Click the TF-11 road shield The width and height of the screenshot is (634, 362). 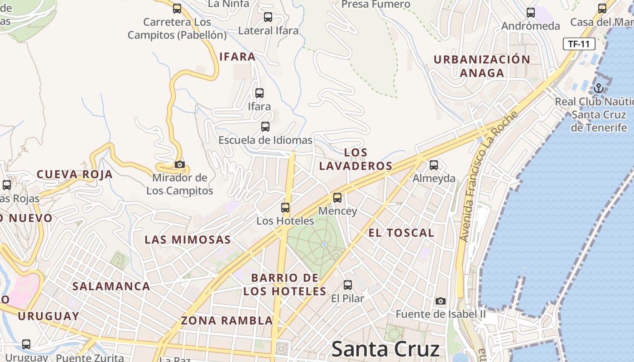(x=579, y=44)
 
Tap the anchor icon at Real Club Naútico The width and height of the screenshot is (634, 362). (x=599, y=88)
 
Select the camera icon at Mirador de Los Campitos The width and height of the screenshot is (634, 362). (x=180, y=164)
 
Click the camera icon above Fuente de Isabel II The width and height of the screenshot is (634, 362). (x=440, y=301)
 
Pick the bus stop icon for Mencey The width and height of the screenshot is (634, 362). (x=337, y=198)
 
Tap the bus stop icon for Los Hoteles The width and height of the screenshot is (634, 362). (x=285, y=208)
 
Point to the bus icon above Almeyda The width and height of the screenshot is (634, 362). (x=434, y=165)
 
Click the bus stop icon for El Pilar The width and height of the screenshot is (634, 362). (x=348, y=285)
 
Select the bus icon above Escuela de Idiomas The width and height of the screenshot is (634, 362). (x=265, y=127)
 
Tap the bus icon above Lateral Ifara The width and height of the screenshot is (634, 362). (x=268, y=17)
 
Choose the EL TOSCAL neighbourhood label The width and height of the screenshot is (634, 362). (x=401, y=233)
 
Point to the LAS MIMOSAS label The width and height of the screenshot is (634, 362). (x=187, y=240)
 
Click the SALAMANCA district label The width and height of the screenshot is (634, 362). (x=111, y=286)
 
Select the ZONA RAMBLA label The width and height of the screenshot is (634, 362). (x=227, y=321)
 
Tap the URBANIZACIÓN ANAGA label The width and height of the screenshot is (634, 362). (x=482, y=66)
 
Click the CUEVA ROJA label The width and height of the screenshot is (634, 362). (x=75, y=175)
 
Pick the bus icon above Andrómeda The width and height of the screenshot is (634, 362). (x=531, y=13)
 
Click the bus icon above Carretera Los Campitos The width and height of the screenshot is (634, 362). (x=177, y=8)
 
